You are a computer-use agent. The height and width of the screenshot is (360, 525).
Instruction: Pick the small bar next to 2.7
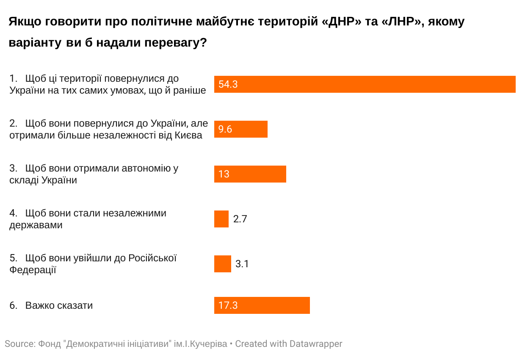(221, 219)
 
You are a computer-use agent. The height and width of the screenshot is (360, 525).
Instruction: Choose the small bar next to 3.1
(223, 264)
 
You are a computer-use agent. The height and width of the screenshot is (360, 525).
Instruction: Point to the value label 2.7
(240, 219)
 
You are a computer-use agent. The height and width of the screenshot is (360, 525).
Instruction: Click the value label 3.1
(242, 264)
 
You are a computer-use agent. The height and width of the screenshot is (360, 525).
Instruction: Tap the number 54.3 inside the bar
(228, 85)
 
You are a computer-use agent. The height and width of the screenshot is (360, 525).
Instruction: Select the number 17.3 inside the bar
(228, 305)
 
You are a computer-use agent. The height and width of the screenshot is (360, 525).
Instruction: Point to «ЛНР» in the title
(400, 22)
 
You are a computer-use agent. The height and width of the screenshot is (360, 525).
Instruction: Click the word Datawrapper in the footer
(316, 344)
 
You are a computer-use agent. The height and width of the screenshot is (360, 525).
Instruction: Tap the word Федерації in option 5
(33, 270)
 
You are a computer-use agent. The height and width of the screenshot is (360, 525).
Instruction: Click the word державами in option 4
(36, 225)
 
